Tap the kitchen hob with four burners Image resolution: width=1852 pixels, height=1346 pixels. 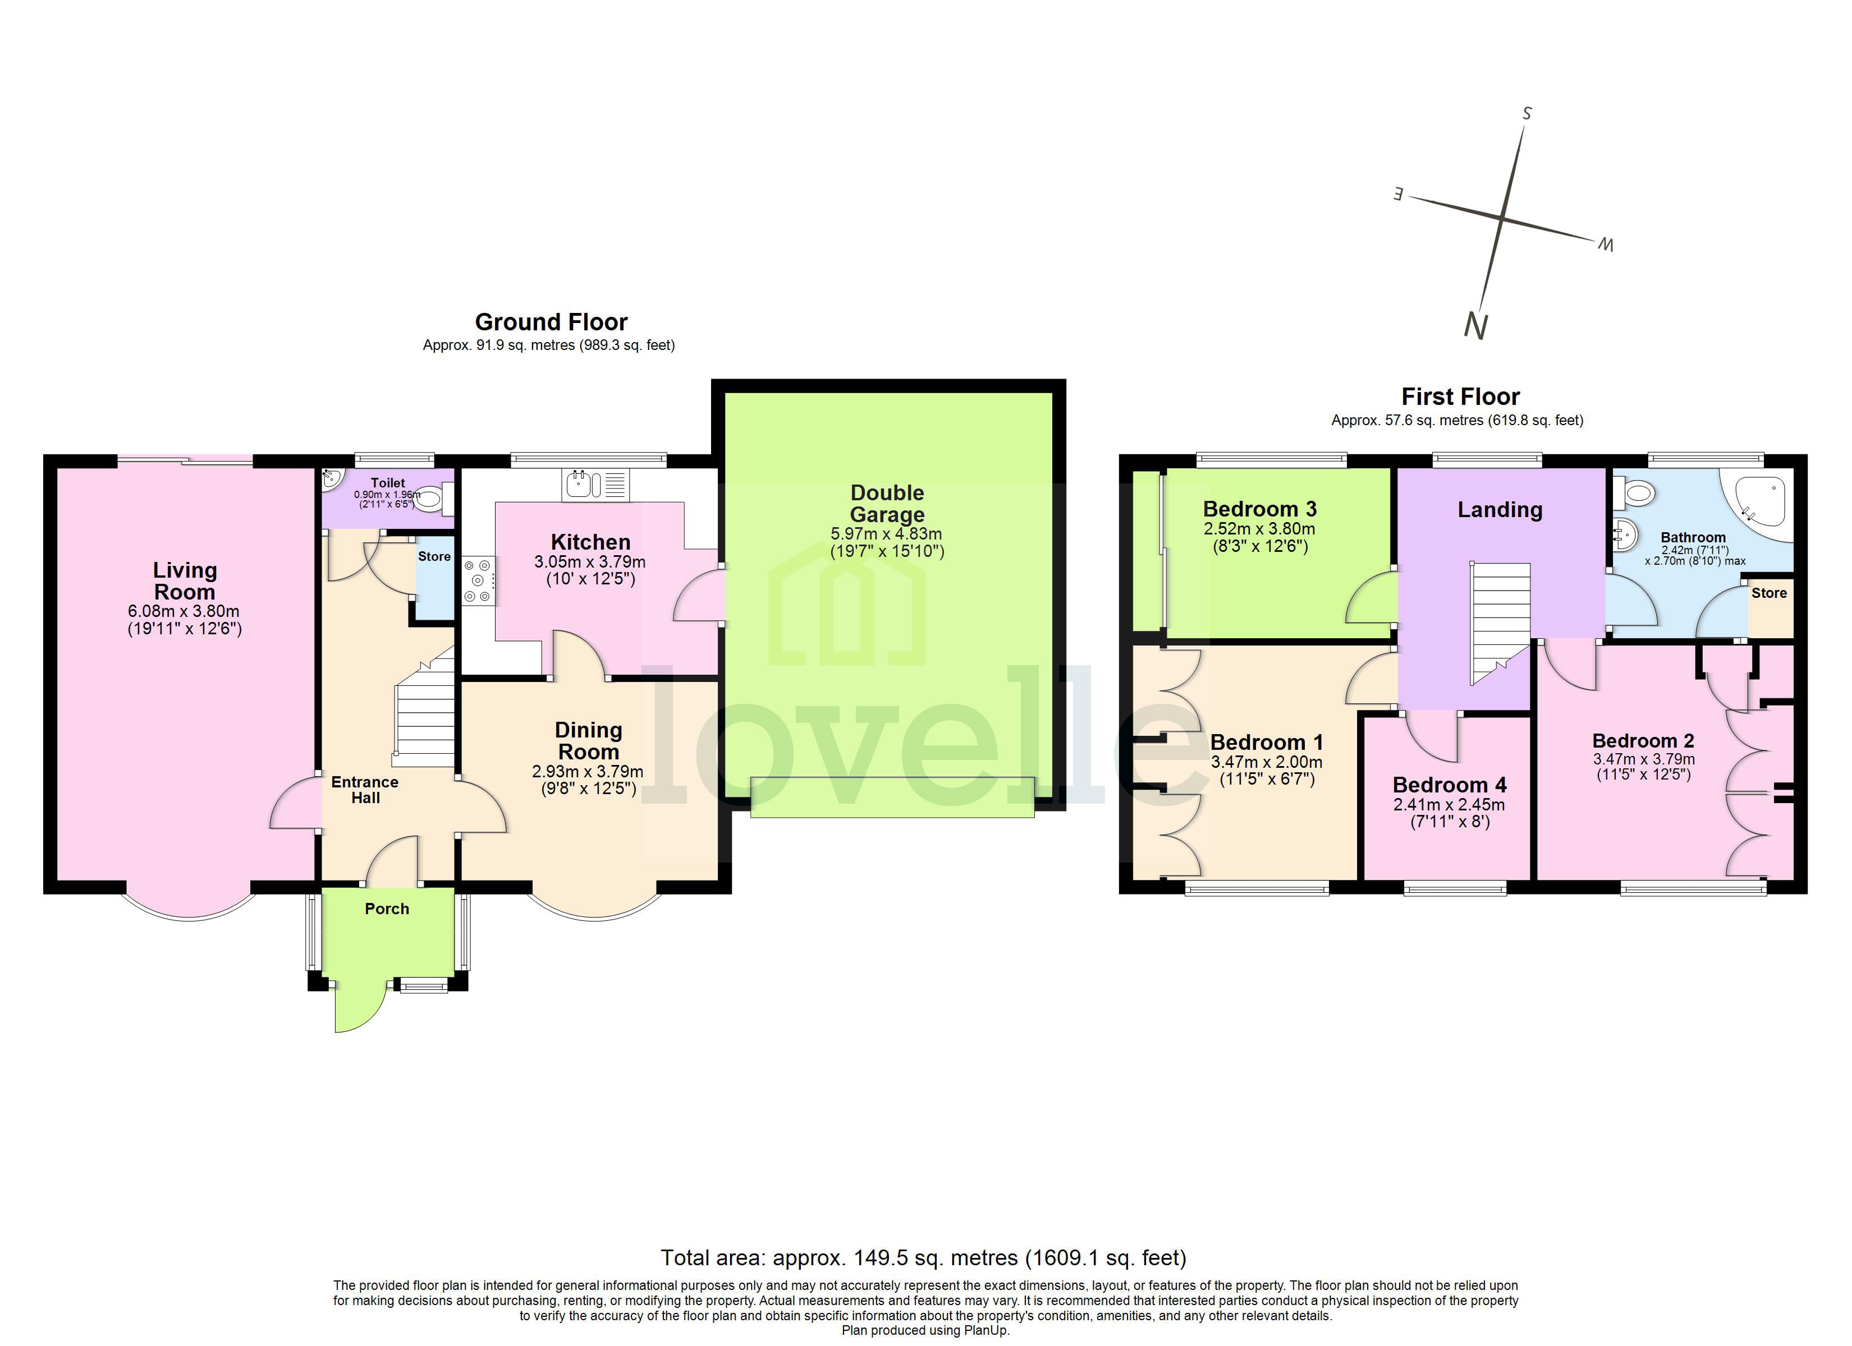pos(479,580)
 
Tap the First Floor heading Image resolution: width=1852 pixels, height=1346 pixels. pos(1460,397)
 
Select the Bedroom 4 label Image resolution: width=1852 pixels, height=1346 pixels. pos(1450,785)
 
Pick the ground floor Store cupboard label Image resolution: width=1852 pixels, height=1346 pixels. pos(434,557)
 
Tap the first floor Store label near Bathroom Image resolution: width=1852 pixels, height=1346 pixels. pos(1769,593)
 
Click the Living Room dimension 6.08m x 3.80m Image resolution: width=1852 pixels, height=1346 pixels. pos(184,611)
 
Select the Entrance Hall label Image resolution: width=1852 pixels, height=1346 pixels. pos(364,789)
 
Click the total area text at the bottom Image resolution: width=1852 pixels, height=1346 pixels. pos(923,1258)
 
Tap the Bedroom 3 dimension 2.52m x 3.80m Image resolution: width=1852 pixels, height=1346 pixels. pos(1259,529)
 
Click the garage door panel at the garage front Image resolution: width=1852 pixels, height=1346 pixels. pos(892,796)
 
